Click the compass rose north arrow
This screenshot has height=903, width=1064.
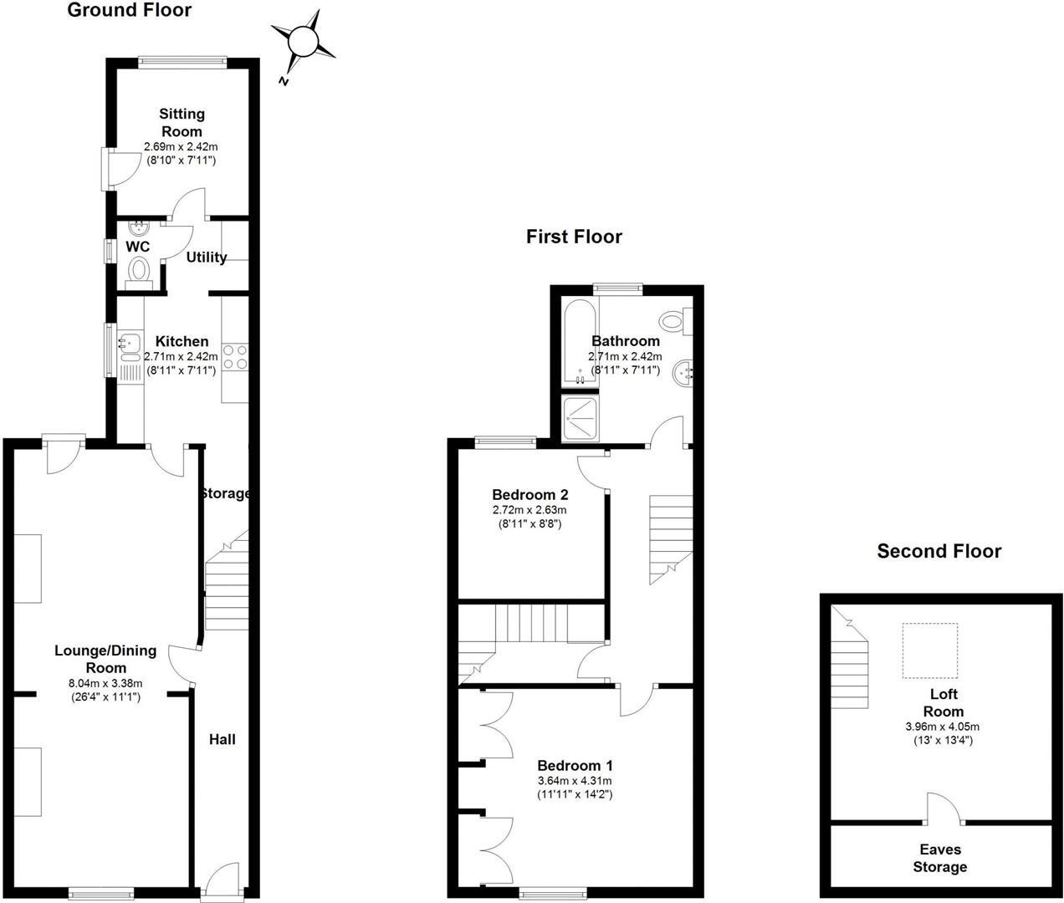[x=303, y=42]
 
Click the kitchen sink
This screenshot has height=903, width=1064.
[x=129, y=342]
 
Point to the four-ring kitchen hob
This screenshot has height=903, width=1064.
[x=235, y=357]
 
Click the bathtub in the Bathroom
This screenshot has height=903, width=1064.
[x=580, y=343]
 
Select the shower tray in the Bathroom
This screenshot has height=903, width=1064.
[x=580, y=417]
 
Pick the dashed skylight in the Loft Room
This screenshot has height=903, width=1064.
[x=930, y=650]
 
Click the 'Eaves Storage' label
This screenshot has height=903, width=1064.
[x=940, y=859]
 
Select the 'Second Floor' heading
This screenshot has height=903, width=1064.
[x=939, y=551]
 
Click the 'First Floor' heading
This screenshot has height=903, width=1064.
[x=574, y=237]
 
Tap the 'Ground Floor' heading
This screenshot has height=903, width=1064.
[x=129, y=10]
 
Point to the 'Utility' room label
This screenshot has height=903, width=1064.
[x=207, y=257]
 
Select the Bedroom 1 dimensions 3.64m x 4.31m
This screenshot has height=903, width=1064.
[x=575, y=781]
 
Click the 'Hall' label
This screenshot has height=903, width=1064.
[x=222, y=739]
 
